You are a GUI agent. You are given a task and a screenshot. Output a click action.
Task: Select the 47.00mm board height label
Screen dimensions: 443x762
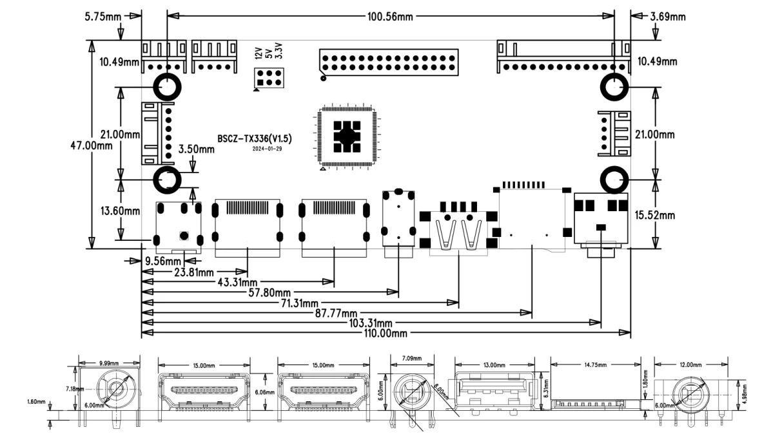coord(90,146)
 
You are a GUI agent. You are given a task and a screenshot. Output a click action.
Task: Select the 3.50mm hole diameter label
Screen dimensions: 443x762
coord(197,150)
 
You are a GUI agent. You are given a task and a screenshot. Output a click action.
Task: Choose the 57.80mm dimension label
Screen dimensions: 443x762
coord(269,294)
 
